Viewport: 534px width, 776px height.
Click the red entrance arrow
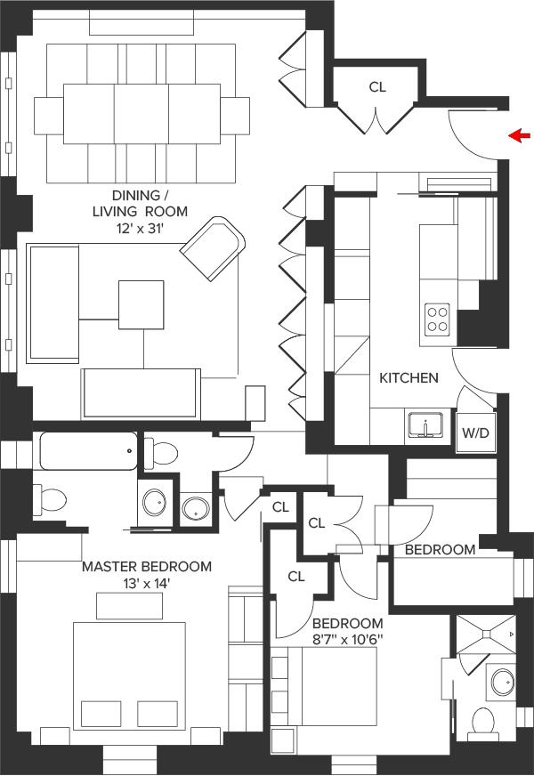point(520,135)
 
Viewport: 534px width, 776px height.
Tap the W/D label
point(475,433)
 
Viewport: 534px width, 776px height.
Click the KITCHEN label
point(409,378)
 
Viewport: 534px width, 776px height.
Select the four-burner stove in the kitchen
point(438,319)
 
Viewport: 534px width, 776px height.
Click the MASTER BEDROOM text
point(147,566)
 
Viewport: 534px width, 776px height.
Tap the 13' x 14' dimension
point(147,584)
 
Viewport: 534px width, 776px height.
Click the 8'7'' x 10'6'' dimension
point(348,640)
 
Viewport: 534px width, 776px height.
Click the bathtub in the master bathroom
point(89,451)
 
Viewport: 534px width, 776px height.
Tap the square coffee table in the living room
point(141,304)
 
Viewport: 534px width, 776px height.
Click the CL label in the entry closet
point(377,87)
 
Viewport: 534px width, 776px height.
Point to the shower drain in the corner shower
point(487,634)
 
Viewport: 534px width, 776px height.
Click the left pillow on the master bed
point(101,714)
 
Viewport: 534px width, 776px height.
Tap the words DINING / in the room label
point(136,195)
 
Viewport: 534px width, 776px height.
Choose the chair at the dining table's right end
point(235,116)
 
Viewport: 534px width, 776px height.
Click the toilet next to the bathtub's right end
point(161,452)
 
